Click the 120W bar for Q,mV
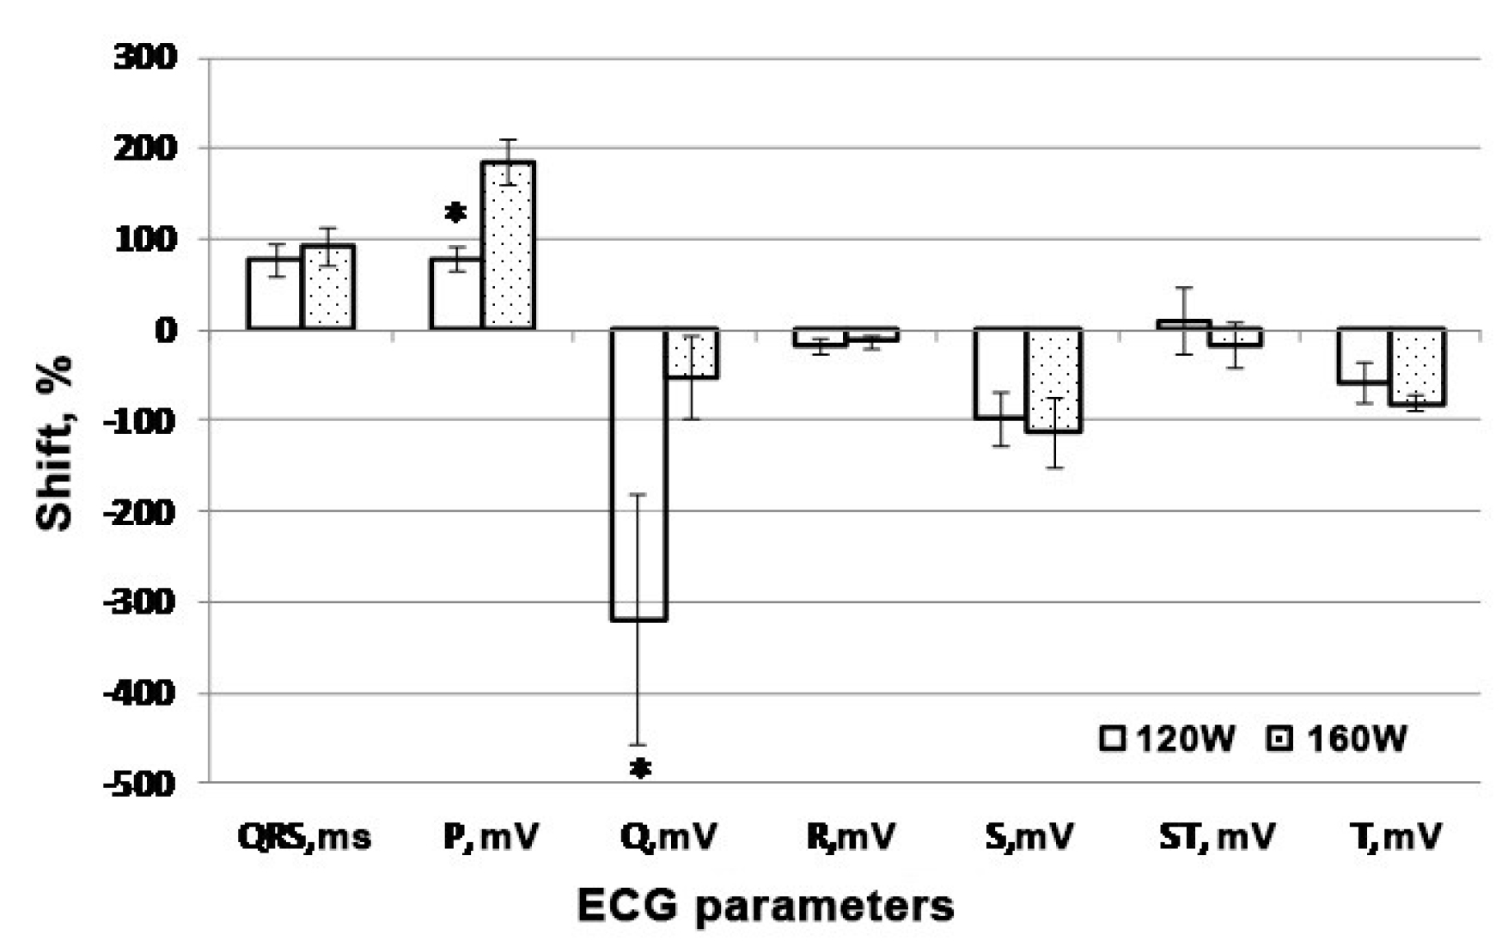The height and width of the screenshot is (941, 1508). (638, 473)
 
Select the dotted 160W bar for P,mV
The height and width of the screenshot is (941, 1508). (509, 245)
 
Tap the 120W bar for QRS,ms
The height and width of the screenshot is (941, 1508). (274, 293)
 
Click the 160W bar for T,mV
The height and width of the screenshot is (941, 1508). (1417, 366)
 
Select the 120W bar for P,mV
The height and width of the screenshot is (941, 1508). (455, 293)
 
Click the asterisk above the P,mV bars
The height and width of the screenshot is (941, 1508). (455, 212)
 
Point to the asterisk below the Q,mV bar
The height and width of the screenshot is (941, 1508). (640, 768)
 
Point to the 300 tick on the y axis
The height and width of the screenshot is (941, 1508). (145, 58)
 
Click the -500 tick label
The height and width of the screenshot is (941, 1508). (140, 784)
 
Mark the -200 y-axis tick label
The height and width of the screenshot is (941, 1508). (140, 511)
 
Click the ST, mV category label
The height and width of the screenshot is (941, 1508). (1217, 836)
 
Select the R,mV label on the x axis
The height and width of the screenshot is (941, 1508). (851, 836)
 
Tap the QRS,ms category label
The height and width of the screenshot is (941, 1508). (305, 836)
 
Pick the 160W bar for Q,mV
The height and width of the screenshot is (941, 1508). (693, 354)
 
